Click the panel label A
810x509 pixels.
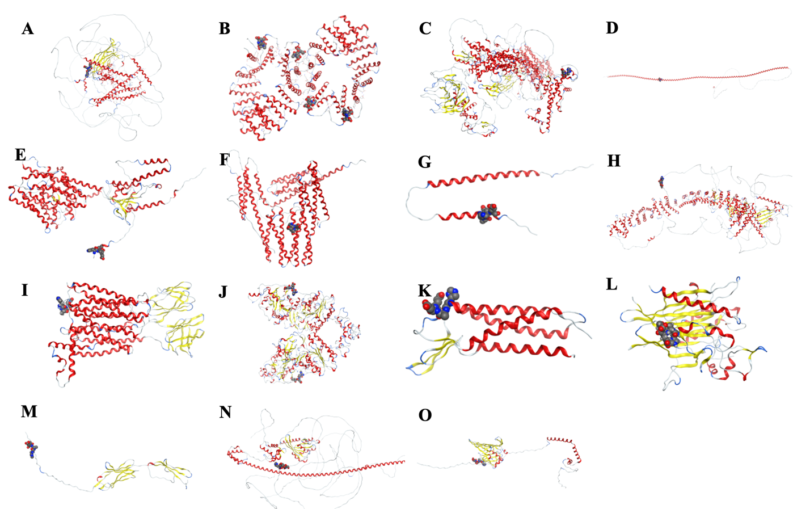pos(28,29)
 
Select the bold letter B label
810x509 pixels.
pos(225,28)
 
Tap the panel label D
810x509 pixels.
pos(612,28)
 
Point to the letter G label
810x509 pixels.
pos(424,162)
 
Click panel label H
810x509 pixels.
pos(614,161)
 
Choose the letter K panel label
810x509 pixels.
pos(424,290)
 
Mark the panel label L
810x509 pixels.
pos(611,284)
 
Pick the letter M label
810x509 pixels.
pos(29,411)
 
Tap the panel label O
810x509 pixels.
pos(425,416)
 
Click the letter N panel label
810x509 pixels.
pos(225,412)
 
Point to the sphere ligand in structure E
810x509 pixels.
pos(96,252)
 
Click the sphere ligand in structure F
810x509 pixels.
pos(293,228)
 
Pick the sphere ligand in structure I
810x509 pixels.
pos(63,305)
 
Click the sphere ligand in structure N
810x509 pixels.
pos(282,465)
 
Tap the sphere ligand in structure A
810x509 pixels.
pos(87,71)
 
